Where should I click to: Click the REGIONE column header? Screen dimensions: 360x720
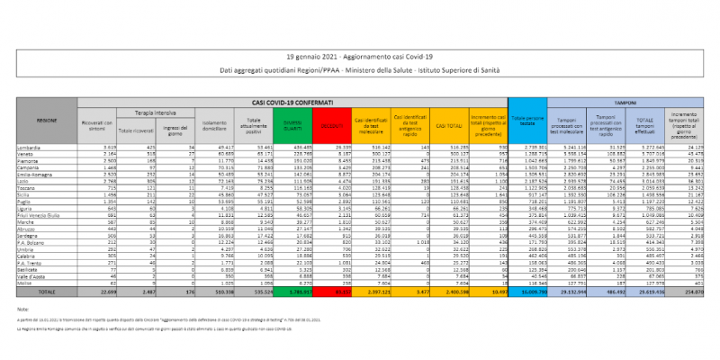point(47,119)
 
